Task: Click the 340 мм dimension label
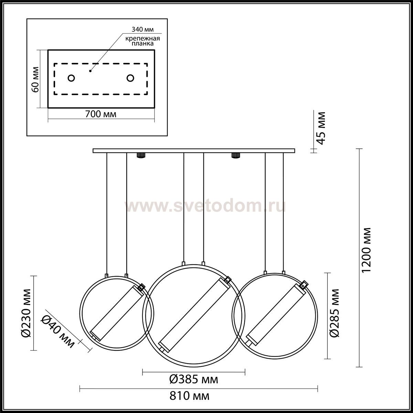pos(142,29)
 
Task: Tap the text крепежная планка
pos(142,41)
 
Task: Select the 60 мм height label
pos(35,79)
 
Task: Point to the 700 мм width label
pos(101,114)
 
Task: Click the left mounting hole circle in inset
pos(71,78)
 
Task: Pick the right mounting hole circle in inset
pos(130,78)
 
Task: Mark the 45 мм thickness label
pos(321,128)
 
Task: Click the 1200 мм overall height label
pos(366,250)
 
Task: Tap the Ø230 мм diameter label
pos(27,313)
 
